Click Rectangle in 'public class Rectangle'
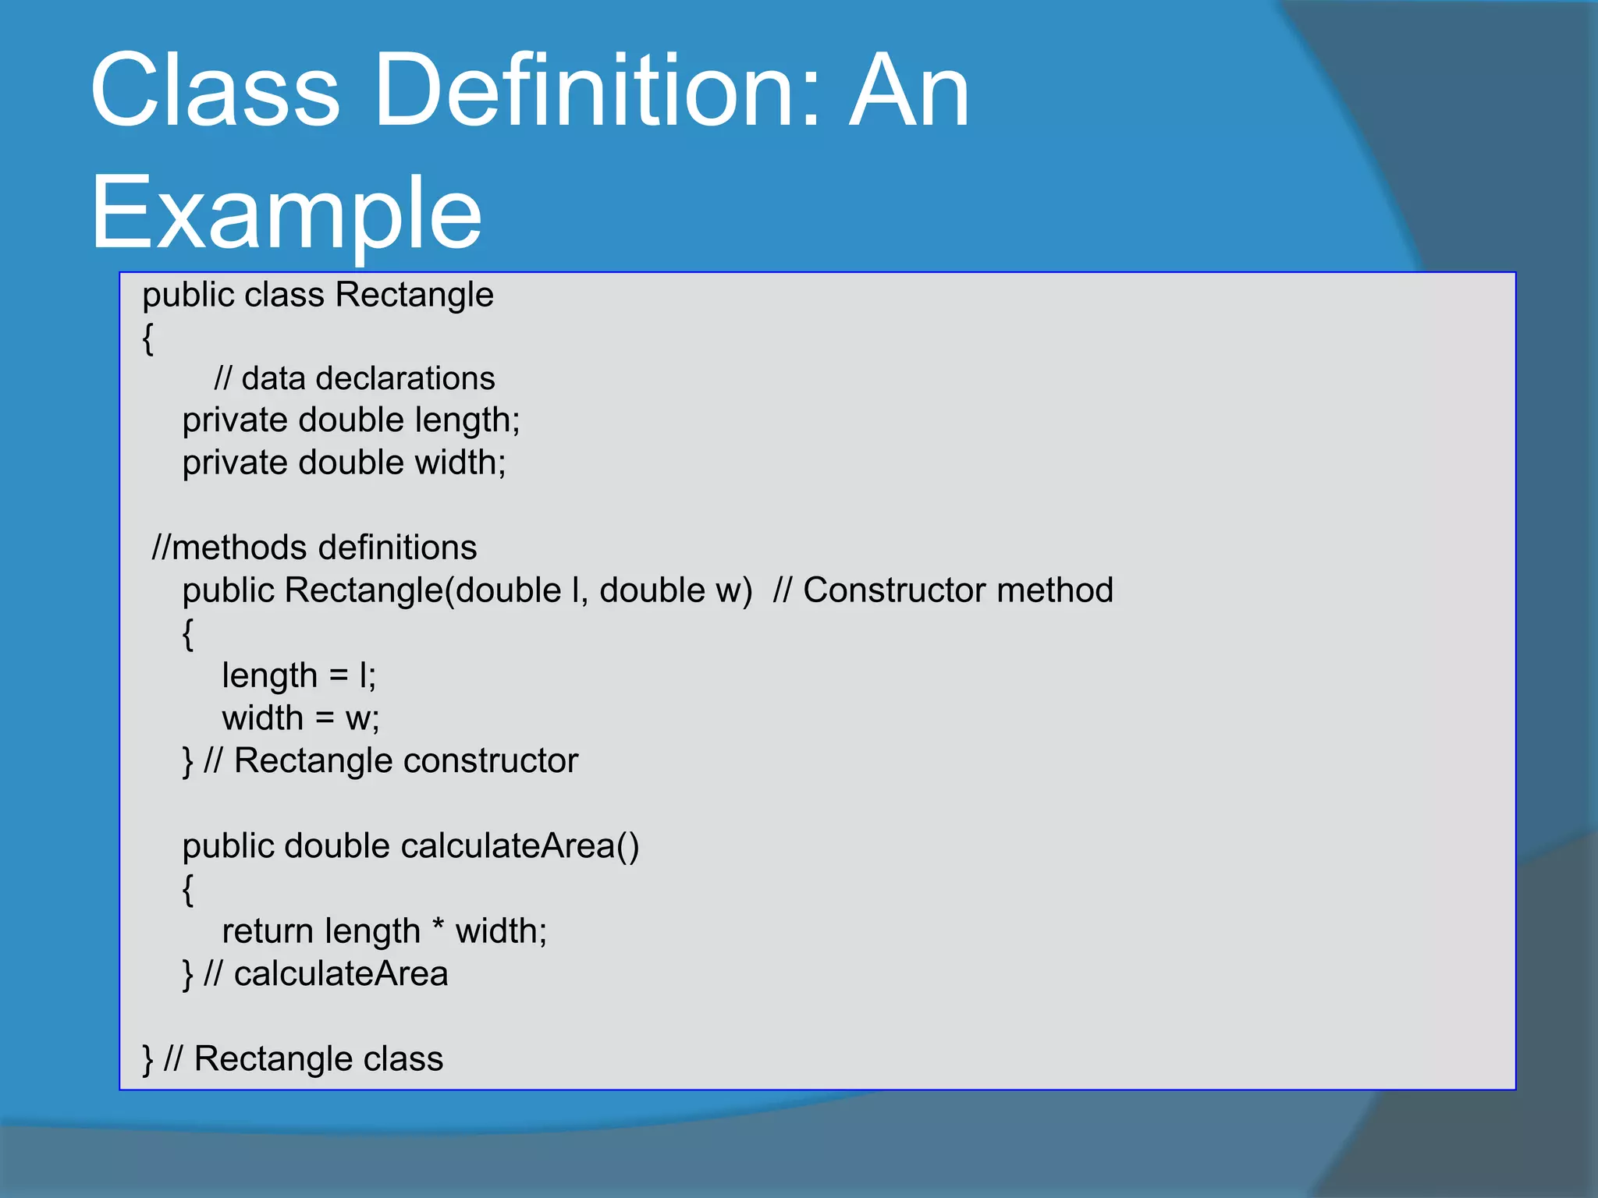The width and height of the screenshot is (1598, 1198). point(414,295)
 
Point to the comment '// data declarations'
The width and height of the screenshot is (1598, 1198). point(354,378)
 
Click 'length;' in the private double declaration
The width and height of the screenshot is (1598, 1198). point(467,420)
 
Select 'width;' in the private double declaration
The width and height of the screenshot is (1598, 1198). point(460,463)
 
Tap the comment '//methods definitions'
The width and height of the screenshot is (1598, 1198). point(314,548)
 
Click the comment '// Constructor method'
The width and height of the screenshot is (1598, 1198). point(943,590)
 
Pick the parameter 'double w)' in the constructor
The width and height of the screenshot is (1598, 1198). point(675,590)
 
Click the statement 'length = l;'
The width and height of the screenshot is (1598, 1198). point(299,675)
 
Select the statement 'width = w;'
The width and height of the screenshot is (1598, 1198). point(300,718)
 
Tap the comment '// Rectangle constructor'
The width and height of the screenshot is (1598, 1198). point(391,760)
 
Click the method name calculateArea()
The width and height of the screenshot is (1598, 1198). point(520,846)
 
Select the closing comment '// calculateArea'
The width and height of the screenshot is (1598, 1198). point(325,974)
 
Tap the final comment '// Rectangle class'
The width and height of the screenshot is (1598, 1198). point(304,1059)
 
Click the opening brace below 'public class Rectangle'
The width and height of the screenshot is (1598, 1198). point(147,338)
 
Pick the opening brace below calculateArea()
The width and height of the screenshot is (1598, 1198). point(187,889)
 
